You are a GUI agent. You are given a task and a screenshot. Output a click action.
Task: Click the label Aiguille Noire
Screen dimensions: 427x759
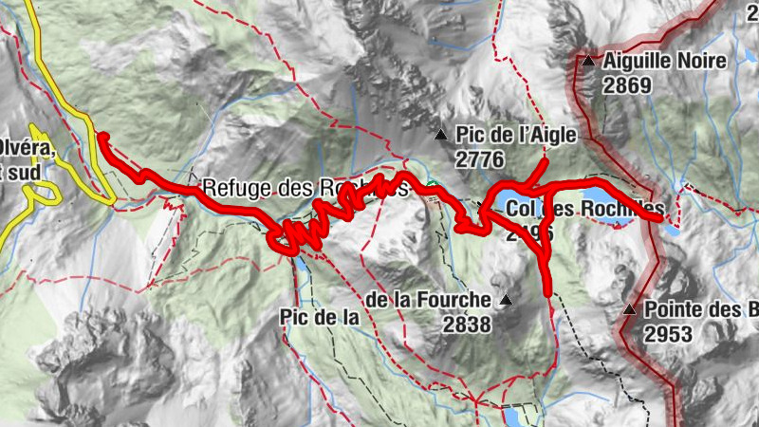tap(664, 62)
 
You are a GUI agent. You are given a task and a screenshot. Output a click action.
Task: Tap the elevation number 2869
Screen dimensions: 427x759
tap(627, 85)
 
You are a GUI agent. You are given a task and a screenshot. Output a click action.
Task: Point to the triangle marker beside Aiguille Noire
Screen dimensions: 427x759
tap(588, 62)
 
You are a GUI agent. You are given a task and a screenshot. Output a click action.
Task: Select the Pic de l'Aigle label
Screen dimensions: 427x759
tap(516, 136)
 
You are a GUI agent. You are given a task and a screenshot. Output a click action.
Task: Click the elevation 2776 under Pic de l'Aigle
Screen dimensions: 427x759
tap(479, 159)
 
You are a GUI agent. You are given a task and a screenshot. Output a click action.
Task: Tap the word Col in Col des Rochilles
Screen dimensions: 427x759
tap(523, 208)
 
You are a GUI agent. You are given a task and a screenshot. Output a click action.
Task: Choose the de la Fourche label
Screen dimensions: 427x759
tap(428, 301)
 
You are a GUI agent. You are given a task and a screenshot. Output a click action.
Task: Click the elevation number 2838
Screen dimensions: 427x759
tap(466, 325)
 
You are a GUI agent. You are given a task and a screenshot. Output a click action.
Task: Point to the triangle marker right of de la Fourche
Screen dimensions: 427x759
tap(506, 301)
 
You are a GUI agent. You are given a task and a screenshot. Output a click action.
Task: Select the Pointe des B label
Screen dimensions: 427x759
tap(701, 309)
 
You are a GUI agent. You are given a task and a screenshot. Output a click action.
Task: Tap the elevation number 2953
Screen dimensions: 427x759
tap(668, 333)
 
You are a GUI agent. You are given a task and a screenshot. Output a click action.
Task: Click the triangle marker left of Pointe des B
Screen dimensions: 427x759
tap(629, 309)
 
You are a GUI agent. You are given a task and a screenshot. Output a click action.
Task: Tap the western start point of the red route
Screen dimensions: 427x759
tap(101, 139)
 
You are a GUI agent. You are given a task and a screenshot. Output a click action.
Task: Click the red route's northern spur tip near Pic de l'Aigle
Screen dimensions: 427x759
tap(546, 162)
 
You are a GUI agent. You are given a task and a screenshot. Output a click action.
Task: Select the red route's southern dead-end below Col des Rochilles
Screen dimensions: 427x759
tap(549, 290)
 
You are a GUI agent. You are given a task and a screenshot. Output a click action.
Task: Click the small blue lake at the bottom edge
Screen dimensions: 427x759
tap(511, 417)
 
